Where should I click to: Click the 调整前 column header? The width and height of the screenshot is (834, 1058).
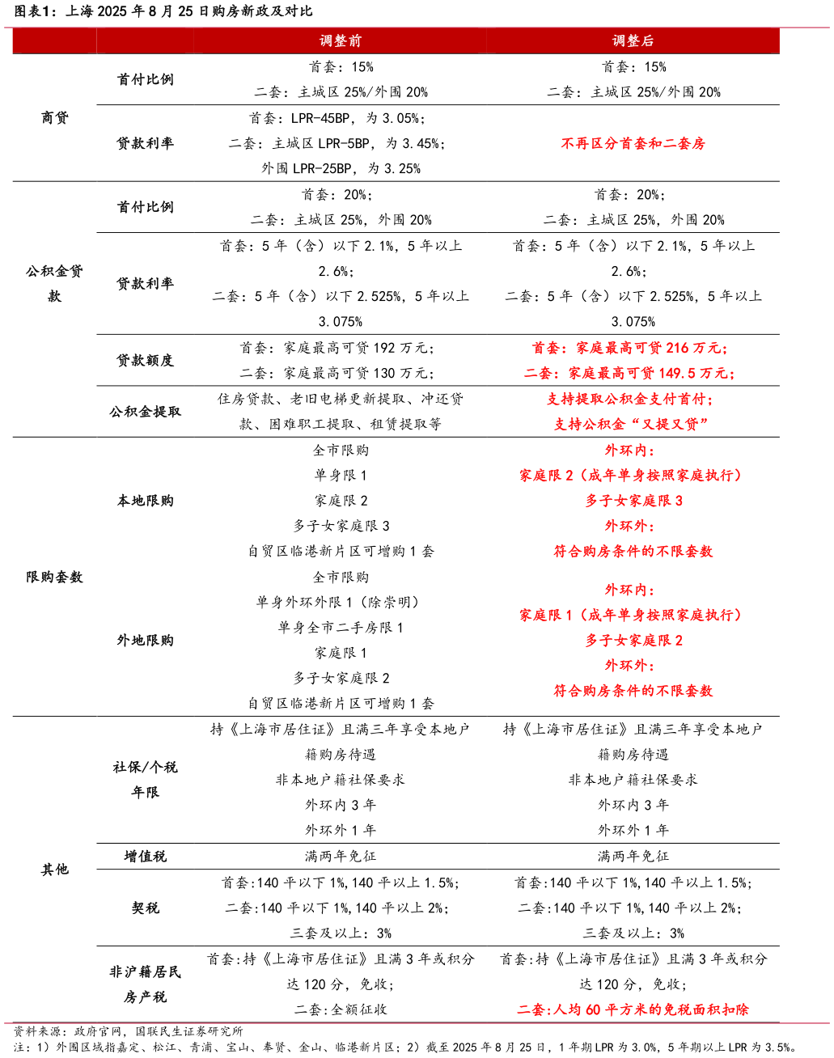(x=341, y=40)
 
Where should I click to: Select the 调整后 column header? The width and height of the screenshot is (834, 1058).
(x=633, y=40)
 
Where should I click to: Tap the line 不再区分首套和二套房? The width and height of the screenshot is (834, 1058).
(x=633, y=144)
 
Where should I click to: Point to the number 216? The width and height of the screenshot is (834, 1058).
(x=677, y=349)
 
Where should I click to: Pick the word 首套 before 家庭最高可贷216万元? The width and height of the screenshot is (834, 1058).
(x=546, y=349)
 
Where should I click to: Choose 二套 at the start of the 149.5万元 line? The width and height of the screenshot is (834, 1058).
(x=539, y=374)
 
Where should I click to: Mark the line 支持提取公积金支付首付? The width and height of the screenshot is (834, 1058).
(x=629, y=400)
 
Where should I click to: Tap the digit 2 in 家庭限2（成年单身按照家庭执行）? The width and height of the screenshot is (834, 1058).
(x=569, y=476)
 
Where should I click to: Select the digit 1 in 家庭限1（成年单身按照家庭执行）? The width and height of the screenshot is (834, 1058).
(x=569, y=616)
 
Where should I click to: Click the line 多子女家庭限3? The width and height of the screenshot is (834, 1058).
(x=633, y=501)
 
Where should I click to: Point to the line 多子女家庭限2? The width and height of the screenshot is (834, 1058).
(x=633, y=641)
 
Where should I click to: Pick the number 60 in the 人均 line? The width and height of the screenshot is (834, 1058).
(x=593, y=1010)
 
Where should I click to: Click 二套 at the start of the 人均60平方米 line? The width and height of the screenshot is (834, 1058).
(x=532, y=1010)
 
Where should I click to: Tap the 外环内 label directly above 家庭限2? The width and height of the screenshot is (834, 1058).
(x=629, y=451)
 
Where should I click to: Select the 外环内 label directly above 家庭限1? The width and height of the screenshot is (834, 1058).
(x=629, y=590)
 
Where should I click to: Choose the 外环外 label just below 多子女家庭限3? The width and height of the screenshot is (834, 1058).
(x=629, y=527)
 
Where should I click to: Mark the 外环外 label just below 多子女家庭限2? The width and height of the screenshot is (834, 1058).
(x=629, y=666)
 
